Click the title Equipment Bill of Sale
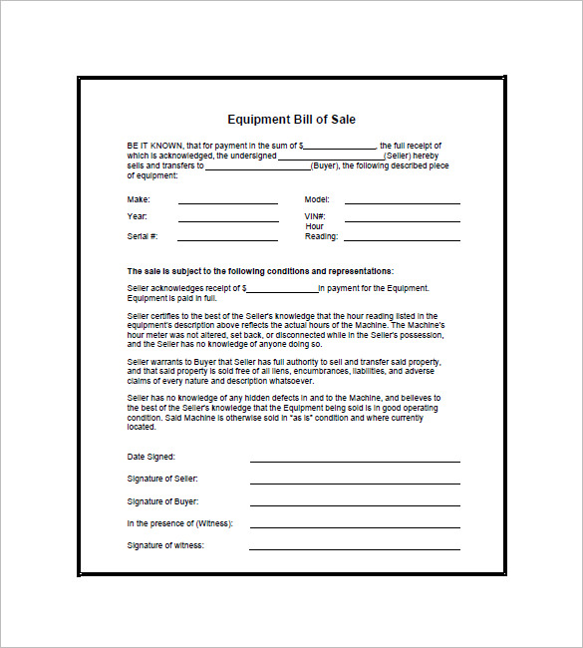click(x=291, y=120)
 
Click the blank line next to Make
click(x=227, y=202)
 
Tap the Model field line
click(x=402, y=202)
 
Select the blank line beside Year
click(x=227, y=219)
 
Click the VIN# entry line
click(x=402, y=219)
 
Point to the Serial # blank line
click(x=227, y=239)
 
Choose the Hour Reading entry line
click(x=402, y=239)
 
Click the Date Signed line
click(x=355, y=461)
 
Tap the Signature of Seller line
click(x=355, y=483)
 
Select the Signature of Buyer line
click(x=355, y=505)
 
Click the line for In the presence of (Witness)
click(x=355, y=526)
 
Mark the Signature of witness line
click(x=355, y=548)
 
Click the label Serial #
click(x=141, y=236)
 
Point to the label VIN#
click(x=315, y=216)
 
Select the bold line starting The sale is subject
click(x=260, y=271)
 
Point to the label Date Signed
click(x=151, y=457)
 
